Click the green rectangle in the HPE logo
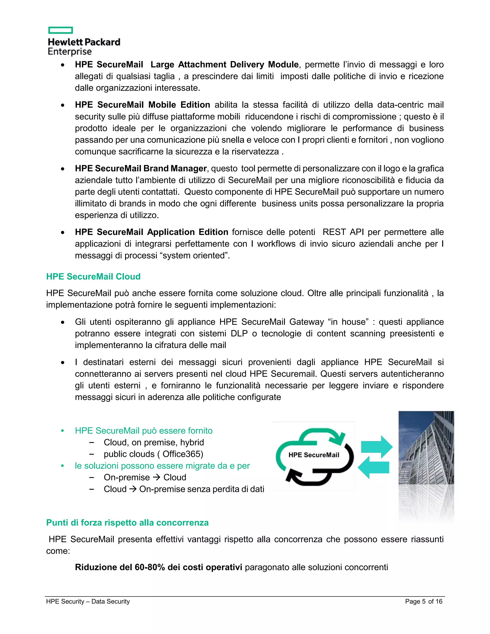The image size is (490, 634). (x=60, y=30)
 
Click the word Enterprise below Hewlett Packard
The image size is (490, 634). (x=70, y=52)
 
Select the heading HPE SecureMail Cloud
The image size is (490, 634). (x=93, y=276)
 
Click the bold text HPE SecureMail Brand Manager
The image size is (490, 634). (x=140, y=168)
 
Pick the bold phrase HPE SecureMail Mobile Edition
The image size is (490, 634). (x=142, y=105)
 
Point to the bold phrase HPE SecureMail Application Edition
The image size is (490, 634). (x=151, y=232)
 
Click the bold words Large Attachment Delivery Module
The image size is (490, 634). (x=224, y=64)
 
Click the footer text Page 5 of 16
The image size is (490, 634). (x=423, y=601)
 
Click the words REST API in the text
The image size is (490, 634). (x=343, y=232)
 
